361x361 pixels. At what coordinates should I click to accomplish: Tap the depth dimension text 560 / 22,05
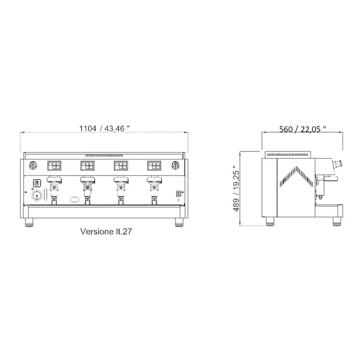pos(303,128)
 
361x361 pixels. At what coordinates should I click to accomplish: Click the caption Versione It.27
pos(106,230)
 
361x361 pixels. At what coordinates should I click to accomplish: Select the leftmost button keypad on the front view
pos(55,166)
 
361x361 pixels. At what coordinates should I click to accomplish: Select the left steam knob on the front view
pos(34,167)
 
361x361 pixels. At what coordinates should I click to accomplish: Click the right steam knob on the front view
pos(176,167)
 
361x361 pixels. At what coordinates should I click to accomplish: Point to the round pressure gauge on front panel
pos(36,195)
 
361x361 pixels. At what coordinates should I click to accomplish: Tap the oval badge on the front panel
pos(75,198)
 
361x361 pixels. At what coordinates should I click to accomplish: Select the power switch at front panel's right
pos(177,193)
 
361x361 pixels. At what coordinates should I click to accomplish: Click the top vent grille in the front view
pos(104,156)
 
